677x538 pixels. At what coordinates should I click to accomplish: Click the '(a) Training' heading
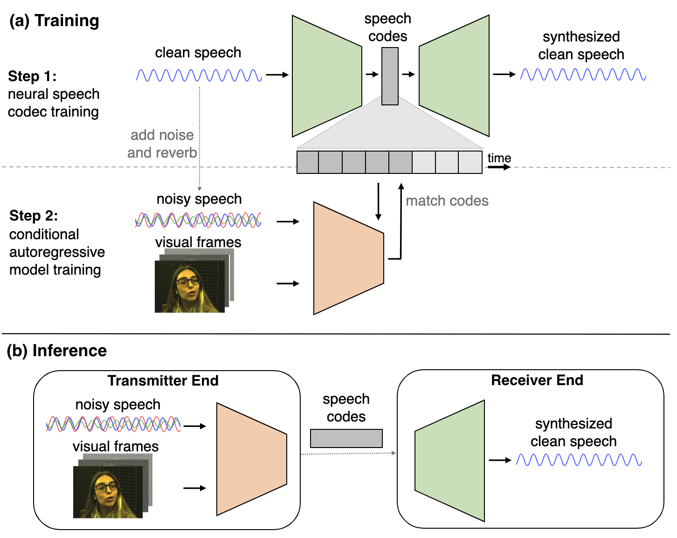point(54,21)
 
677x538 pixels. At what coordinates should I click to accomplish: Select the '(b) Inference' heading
point(56,351)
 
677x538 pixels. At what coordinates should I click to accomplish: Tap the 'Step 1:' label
point(32,76)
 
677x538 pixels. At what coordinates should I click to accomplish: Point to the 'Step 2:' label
point(34,215)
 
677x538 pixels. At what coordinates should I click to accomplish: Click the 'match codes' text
point(447,201)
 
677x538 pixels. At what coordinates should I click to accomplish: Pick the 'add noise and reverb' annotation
point(162,144)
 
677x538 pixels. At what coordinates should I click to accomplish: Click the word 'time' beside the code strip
point(499,158)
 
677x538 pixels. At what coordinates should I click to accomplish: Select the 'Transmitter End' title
point(163,380)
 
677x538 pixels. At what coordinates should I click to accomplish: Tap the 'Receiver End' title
point(537,380)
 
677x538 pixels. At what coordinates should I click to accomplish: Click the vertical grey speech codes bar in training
point(390,76)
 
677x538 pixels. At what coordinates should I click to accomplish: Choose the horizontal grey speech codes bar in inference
point(346,438)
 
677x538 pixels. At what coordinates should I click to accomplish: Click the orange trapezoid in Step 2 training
point(348,258)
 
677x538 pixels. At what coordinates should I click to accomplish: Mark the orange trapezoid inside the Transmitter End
point(251,459)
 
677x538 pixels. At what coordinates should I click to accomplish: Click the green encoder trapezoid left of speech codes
point(326,76)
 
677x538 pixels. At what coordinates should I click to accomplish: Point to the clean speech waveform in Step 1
point(199,75)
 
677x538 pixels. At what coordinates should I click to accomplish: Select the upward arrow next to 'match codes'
point(401,219)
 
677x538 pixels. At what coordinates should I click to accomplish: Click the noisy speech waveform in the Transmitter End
point(113,424)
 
